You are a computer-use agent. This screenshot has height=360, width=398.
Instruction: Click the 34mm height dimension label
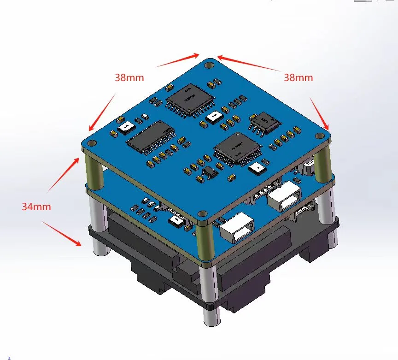click(x=36, y=207)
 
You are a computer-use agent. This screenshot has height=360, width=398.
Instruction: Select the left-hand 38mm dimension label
click(x=129, y=77)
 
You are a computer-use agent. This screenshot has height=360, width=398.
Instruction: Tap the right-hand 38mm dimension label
click(x=298, y=77)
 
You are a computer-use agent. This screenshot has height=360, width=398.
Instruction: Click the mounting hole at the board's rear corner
click(x=209, y=65)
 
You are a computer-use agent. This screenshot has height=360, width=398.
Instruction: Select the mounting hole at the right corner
click(x=320, y=136)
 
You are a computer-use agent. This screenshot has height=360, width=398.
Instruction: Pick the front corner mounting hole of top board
click(x=201, y=214)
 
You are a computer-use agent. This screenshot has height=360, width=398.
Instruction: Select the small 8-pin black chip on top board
click(x=264, y=122)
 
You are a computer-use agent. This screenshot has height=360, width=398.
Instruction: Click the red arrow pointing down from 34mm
click(x=62, y=233)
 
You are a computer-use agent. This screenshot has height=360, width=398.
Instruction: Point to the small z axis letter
click(x=9, y=357)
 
